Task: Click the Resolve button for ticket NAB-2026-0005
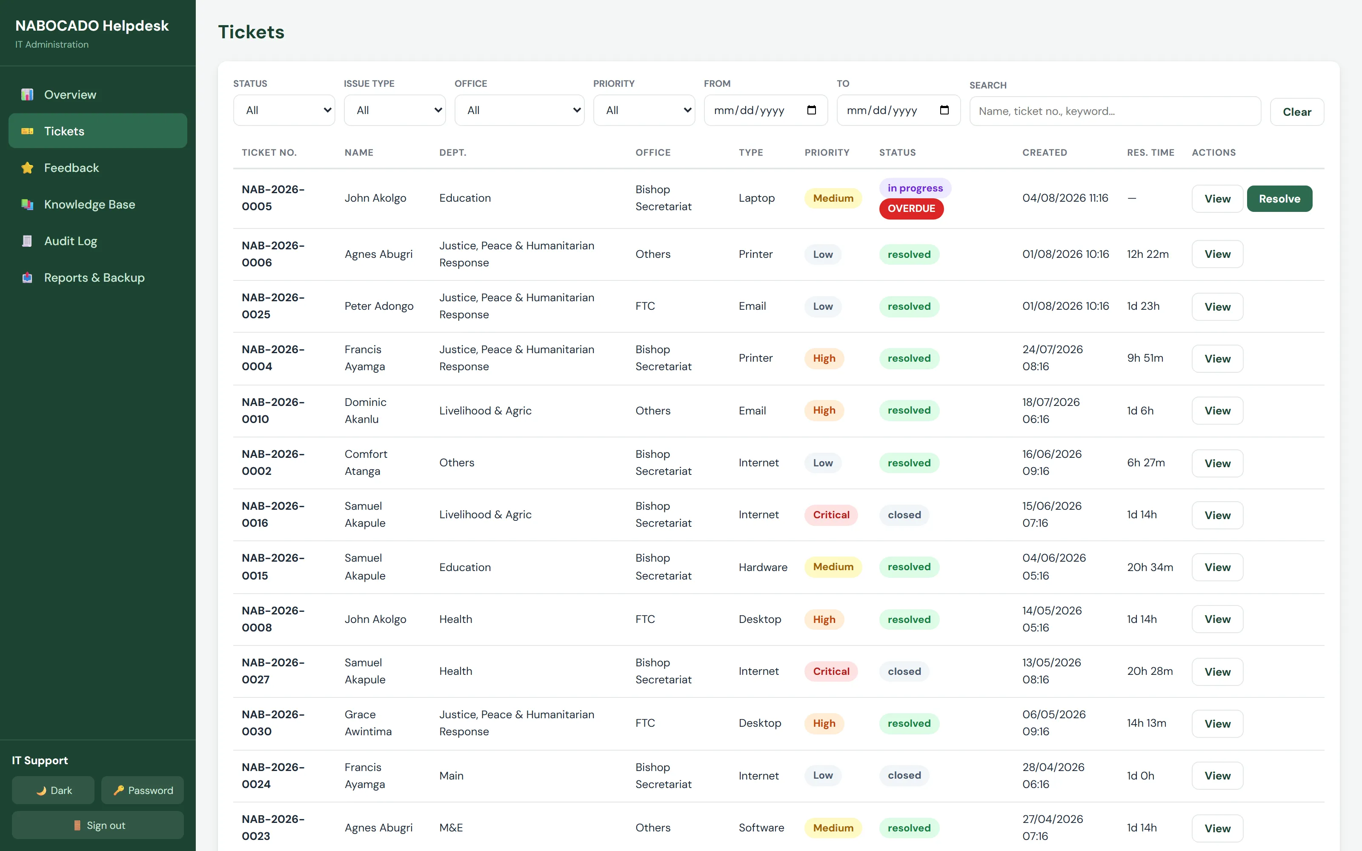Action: (1279, 199)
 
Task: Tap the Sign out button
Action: (98, 825)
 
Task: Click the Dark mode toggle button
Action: (54, 790)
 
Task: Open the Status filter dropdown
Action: (284, 110)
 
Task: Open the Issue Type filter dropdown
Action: (395, 110)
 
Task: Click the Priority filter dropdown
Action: (644, 110)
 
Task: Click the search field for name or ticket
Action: (1115, 111)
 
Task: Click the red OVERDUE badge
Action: (911, 208)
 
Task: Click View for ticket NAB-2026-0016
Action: (1217, 515)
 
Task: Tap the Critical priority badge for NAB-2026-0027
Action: (831, 671)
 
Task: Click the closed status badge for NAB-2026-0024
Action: (904, 775)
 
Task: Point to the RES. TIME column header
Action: (1150, 152)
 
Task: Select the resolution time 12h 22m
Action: (1147, 254)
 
